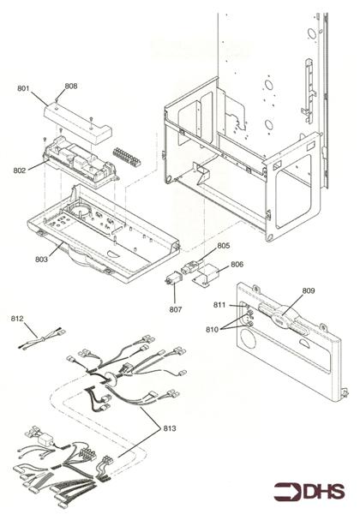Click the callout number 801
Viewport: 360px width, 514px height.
[23, 87]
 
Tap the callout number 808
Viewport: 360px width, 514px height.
[70, 86]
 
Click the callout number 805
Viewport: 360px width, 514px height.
[223, 246]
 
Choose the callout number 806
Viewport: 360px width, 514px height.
[237, 265]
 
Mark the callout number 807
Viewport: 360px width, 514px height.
[176, 308]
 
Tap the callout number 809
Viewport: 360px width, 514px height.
[308, 290]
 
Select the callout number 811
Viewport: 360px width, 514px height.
[219, 305]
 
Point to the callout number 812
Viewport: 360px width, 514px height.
[17, 318]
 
